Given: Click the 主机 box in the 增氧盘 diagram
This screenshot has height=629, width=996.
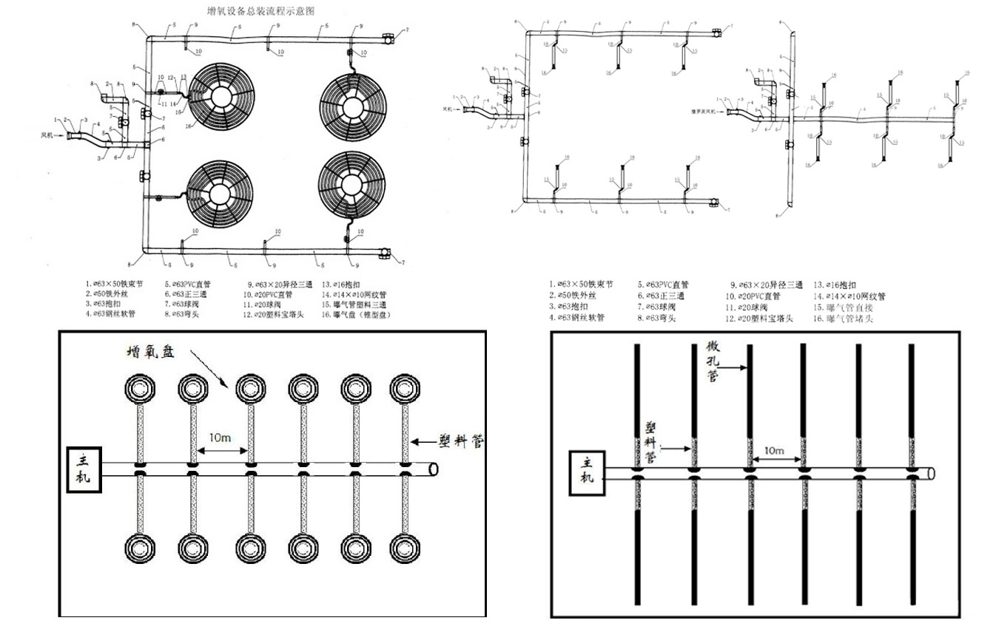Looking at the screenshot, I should pyautogui.click(x=82, y=468).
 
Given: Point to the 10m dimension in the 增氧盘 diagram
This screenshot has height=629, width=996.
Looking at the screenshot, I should pyautogui.click(x=220, y=438).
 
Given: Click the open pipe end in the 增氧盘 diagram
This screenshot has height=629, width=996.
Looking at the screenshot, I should pyautogui.click(x=434, y=469).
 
